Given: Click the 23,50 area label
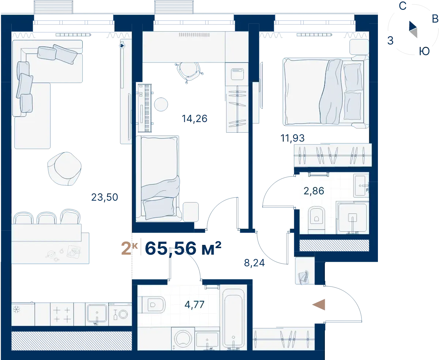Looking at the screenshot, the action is tap(105, 197).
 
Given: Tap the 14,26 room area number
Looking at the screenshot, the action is tap(194, 119).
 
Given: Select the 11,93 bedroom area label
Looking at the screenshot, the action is tap(292, 138).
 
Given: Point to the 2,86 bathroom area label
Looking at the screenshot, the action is tap(314, 191).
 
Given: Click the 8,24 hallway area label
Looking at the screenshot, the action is tap(254, 263).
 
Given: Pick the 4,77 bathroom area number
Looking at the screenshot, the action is tap(194, 305).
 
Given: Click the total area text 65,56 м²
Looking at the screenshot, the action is tap(183, 248).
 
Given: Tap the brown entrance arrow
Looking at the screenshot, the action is tap(319, 305).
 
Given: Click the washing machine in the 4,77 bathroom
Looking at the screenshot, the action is tap(183, 338).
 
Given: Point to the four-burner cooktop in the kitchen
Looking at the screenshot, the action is tap(62, 314).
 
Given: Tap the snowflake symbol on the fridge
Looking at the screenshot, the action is tap(16, 310).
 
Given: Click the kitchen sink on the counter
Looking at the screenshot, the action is tap(97, 314).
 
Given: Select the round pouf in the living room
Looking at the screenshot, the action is tap(64, 168).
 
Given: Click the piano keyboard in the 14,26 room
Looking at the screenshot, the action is tap(145, 108).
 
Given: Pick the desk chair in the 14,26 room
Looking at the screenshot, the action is tap(189, 72).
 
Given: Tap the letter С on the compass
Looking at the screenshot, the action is tap(402, 6).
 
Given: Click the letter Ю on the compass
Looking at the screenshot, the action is tap(424, 51).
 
